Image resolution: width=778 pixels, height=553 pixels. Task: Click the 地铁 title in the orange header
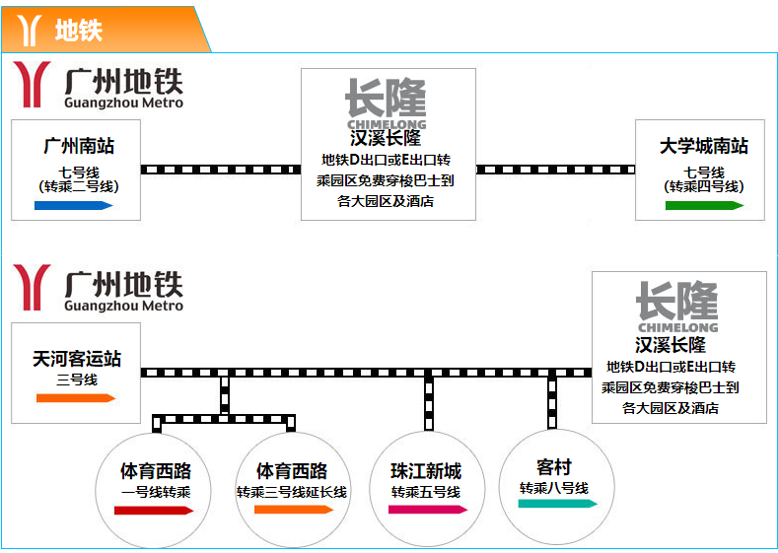click(78, 31)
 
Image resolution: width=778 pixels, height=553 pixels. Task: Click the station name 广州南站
click(79, 146)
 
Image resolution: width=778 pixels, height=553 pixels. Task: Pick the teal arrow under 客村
click(558, 504)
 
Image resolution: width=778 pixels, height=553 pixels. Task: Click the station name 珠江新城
click(426, 470)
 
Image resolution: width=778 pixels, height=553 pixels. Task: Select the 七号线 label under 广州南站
click(79, 172)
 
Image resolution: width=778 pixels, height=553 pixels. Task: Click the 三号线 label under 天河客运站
click(77, 380)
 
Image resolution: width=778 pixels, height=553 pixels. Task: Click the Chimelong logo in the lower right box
click(677, 307)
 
